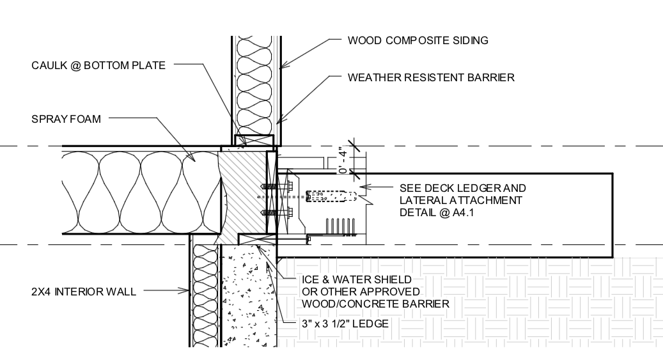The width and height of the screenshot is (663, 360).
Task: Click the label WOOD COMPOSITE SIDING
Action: (417, 41)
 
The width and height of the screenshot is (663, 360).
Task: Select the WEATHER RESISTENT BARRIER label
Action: (431, 78)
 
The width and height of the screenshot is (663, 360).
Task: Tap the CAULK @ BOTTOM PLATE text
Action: (98, 65)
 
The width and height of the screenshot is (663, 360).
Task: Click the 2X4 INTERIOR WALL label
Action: (83, 292)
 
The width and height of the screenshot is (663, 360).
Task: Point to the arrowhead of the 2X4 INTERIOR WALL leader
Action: (189, 292)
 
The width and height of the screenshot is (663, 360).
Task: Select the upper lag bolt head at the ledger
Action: (289, 187)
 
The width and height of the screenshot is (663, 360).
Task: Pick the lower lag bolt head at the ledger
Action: (289, 212)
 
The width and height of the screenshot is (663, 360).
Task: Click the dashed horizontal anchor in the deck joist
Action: (330, 196)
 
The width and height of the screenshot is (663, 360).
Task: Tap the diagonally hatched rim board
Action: (243, 192)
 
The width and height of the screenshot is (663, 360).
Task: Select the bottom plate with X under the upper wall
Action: (254, 139)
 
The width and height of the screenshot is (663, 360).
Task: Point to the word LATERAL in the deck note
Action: (421, 200)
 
